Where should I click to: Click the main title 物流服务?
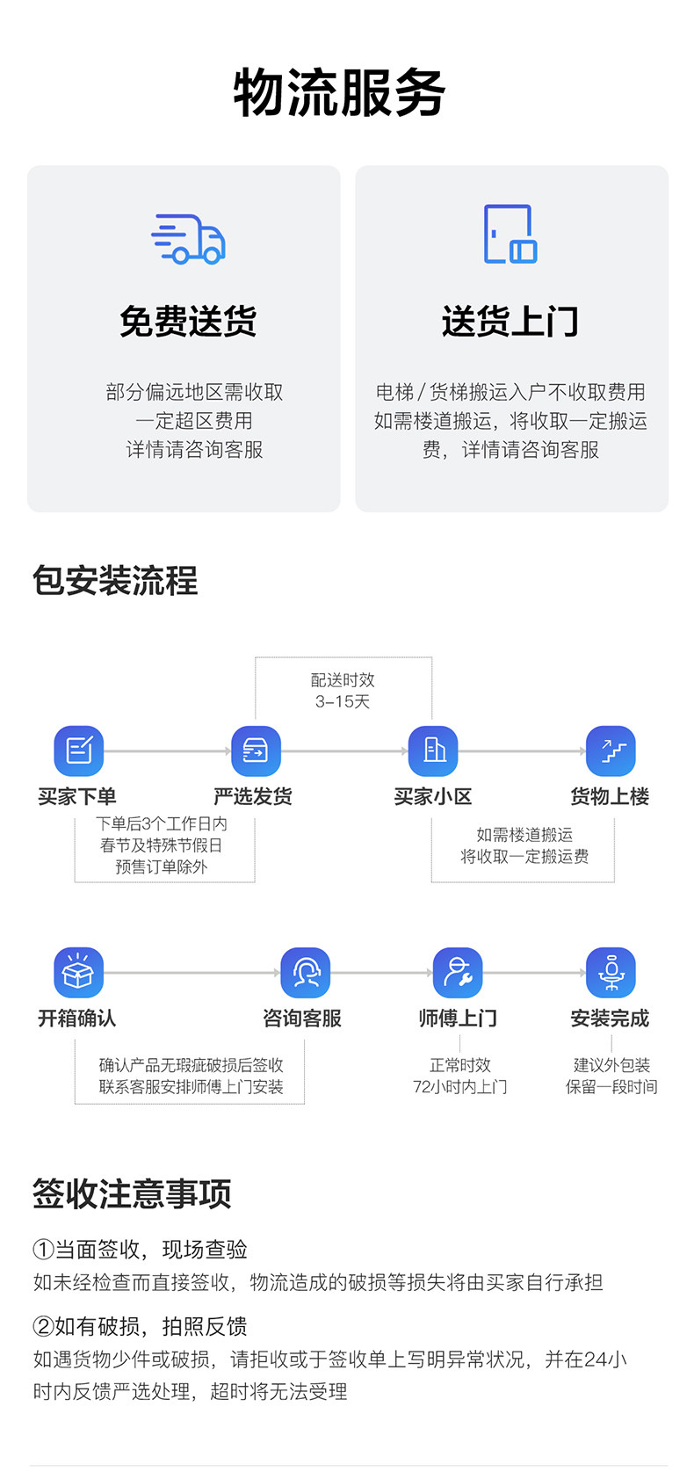(339, 93)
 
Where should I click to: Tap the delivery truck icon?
(188, 238)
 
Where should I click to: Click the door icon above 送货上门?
(510, 234)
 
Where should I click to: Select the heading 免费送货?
(188, 322)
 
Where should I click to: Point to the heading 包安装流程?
(115, 581)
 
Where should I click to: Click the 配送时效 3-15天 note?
(343, 691)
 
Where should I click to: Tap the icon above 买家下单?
(78, 750)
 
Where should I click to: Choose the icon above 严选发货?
(255, 750)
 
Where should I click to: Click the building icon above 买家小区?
(433, 750)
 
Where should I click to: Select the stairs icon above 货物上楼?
(611, 750)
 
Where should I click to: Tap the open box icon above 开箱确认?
(78, 973)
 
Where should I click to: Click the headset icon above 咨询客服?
(305, 973)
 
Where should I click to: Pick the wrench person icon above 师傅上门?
(458, 973)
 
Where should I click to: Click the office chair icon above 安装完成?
(611, 973)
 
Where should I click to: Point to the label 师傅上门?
(458, 1019)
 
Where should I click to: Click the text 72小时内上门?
(459, 1087)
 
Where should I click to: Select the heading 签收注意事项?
(132, 1194)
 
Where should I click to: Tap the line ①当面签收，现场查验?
(141, 1250)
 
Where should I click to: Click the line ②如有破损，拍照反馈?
(141, 1326)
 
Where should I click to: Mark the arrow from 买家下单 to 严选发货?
(167, 751)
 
